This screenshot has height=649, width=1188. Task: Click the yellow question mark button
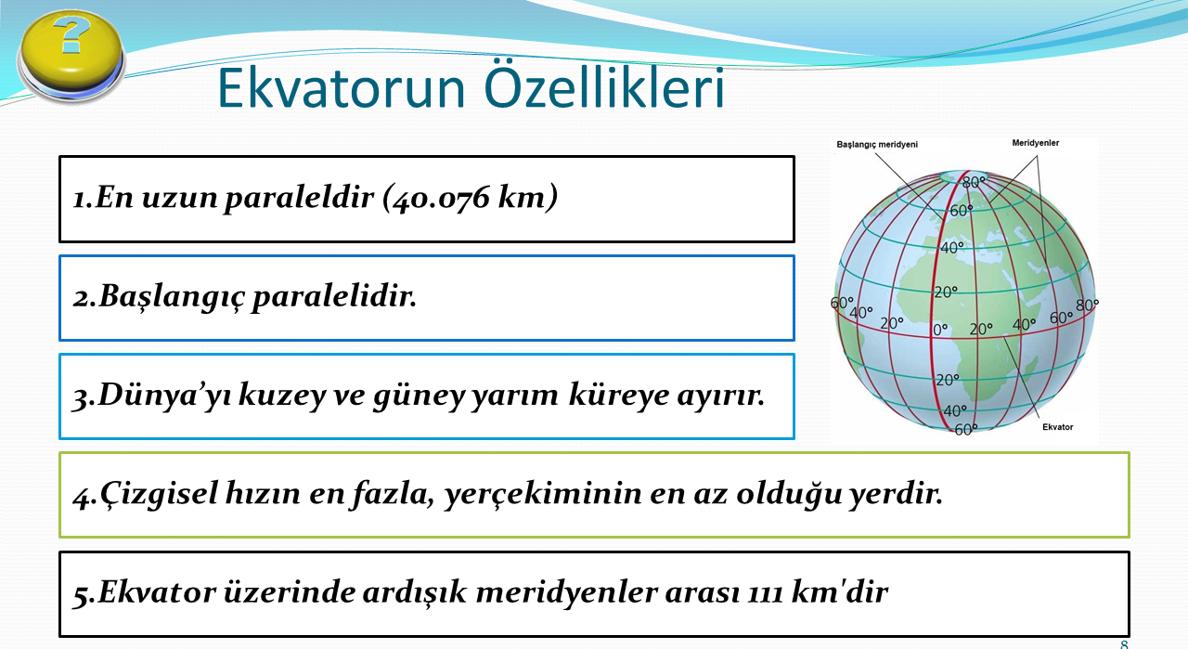[71, 57]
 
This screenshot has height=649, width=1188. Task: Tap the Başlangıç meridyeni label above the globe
[877, 144]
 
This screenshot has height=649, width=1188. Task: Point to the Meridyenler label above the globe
[1035, 143]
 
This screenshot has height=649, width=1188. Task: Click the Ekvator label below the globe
[1057, 427]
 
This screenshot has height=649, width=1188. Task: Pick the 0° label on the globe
[940, 330]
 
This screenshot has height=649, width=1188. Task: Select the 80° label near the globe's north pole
[974, 182]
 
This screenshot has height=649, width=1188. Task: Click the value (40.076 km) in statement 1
[470, 198]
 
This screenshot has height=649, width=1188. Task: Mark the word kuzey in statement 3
[282, 396]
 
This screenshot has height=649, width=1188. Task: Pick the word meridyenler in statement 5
[567, 593]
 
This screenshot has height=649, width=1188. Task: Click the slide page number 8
[1124, 644]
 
